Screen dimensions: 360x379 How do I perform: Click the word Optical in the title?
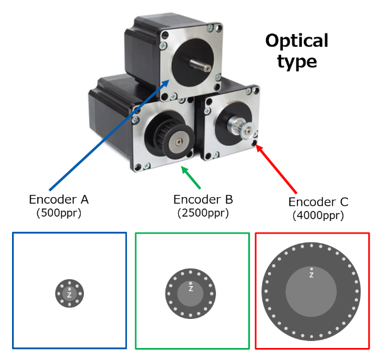296,41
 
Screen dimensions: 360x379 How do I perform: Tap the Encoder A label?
59,200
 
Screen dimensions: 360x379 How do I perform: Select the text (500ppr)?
59,213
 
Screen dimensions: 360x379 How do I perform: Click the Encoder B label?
203,200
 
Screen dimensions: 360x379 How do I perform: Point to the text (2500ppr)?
203,213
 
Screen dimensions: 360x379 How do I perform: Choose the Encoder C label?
318,203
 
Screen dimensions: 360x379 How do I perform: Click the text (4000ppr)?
318,216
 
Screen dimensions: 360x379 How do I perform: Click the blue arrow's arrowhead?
167,83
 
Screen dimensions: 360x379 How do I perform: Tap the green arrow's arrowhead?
183,169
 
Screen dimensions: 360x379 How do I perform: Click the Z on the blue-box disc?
69,295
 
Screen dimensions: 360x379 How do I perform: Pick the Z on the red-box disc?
311,275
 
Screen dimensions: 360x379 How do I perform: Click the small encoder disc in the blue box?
69,294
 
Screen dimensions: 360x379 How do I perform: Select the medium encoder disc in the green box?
191,294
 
